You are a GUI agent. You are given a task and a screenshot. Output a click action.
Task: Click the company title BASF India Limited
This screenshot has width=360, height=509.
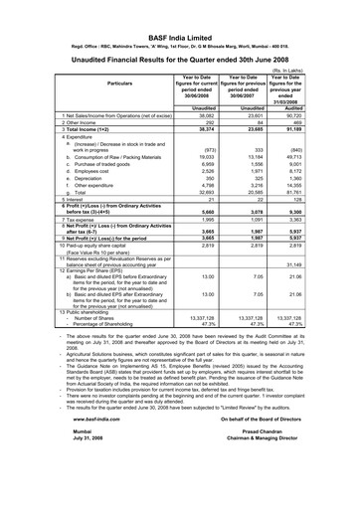[179, 10]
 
